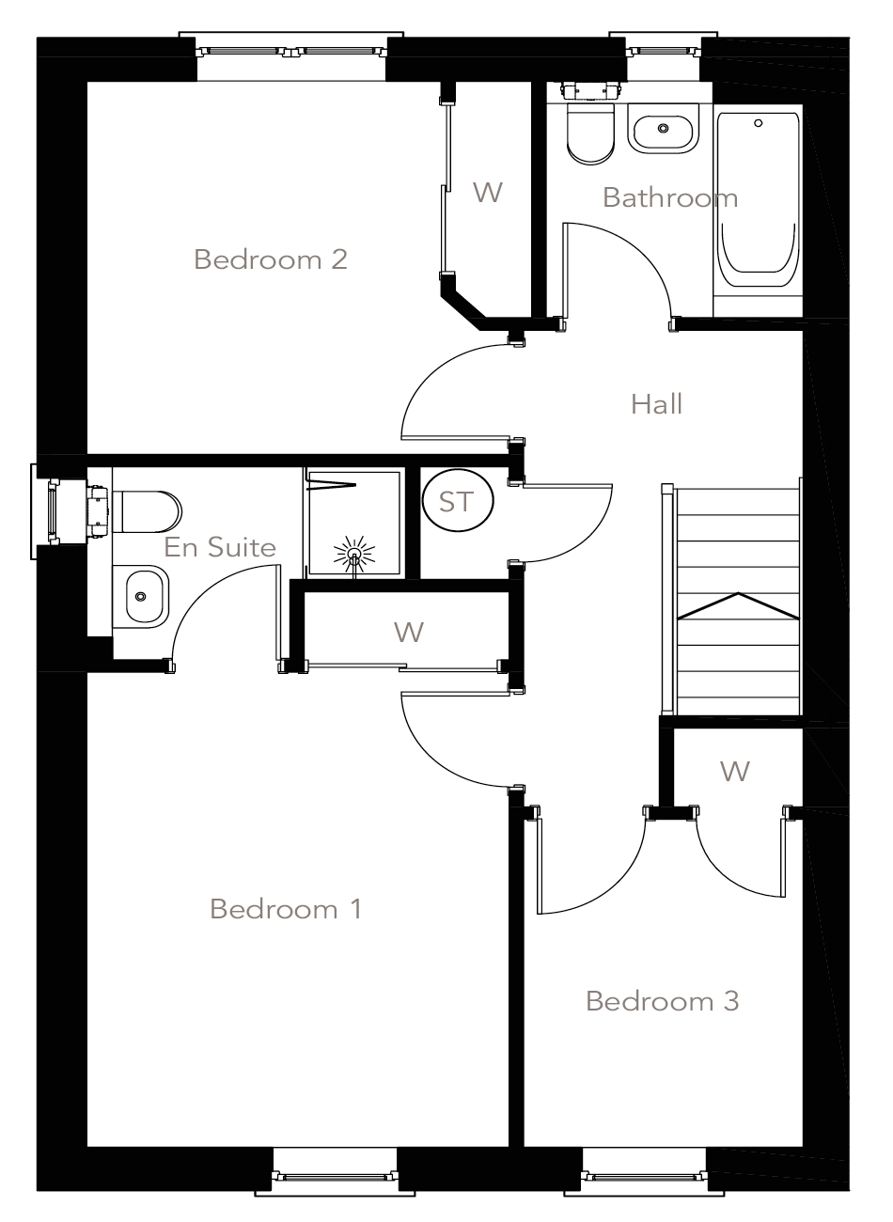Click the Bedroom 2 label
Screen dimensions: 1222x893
pyautogui.click(x=271, y=258)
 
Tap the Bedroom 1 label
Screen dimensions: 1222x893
pyautogui.click(x=286, y=909)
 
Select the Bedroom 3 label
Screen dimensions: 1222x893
pyautogui.click(x=662, y=1001)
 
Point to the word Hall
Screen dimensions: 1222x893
pyautogui.click(x=656, y=404)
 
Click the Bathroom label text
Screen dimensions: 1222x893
pyautogui.click(x=669, y=197)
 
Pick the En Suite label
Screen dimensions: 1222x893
pyautogui.click(x=220, y=547)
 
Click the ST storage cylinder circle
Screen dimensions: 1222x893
pyautogui.click(x=457, y=502)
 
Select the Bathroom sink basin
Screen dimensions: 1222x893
pyautogui.click(x=664, y=131)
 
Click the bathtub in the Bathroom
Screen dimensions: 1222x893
pyautogui.click(x=759, y=202)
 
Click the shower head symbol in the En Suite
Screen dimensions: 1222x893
pyautogui.click(x=354, y=555)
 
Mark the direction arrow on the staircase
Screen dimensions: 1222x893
pyautogui.click(x=738, y=606)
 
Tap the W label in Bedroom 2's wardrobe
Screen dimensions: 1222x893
pyautogui.click(x=488, y=193)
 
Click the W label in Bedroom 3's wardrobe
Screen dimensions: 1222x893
pyautogui.click(x=735, y=772)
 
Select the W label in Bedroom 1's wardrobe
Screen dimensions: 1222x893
pyautogui.click(x=409, y=633)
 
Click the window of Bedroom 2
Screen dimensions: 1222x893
pyautogui.click(x=291, y=52)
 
